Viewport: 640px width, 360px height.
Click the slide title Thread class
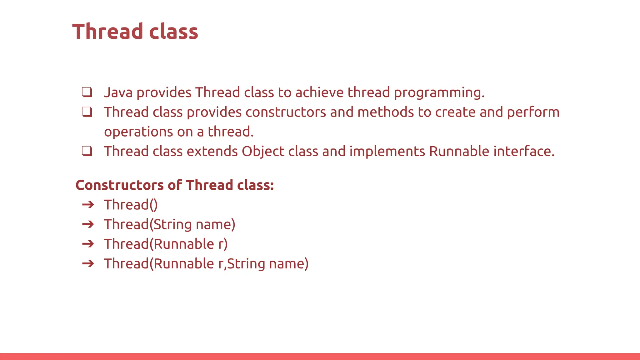[135, 32]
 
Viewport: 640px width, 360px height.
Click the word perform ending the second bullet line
[533, 112]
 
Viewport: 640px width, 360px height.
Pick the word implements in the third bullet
[387, 152]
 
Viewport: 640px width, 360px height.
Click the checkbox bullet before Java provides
[87, 92]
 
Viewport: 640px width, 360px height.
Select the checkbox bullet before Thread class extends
[87, 151]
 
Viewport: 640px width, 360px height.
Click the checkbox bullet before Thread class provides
[87, 112]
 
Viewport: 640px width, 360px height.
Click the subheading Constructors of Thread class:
[175, 185]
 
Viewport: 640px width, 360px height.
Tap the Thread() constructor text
[131, 205]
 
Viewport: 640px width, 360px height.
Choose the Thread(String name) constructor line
[169, 225]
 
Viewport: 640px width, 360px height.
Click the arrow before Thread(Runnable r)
[88, 244]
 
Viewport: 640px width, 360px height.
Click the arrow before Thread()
[88, 205]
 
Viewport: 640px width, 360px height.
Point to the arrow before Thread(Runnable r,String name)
[88, 263]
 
